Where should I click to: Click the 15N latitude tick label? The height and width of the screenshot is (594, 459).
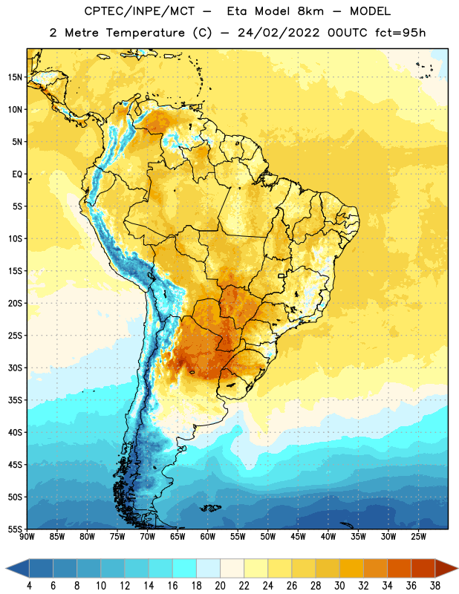point(15,77)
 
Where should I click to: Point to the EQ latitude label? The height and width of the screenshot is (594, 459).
point(17,174)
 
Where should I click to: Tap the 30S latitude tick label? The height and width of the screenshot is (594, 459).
point(15,368)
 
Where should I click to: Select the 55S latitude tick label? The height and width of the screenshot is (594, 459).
point(15,529)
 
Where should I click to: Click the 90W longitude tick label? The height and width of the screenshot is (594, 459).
point(27,537)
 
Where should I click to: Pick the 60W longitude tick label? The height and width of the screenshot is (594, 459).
point(207,537)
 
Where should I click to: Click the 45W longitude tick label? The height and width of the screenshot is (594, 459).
point(298,537)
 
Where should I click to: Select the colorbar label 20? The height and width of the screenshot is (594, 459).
point(220,586)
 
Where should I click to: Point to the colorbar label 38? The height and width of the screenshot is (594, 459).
point(435,586)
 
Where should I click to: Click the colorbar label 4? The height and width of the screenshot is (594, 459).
point(29,586)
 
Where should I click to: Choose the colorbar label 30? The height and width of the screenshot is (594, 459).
point(339,586)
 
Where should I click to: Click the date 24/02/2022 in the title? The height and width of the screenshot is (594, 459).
point(279,33)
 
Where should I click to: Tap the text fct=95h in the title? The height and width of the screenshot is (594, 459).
point(400,33)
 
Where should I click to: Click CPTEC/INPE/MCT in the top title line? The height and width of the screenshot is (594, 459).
point(139,11)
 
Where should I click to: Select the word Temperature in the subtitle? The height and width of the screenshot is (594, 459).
point(145,33)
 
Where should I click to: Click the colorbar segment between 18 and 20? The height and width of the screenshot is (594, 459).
point(208,568)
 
